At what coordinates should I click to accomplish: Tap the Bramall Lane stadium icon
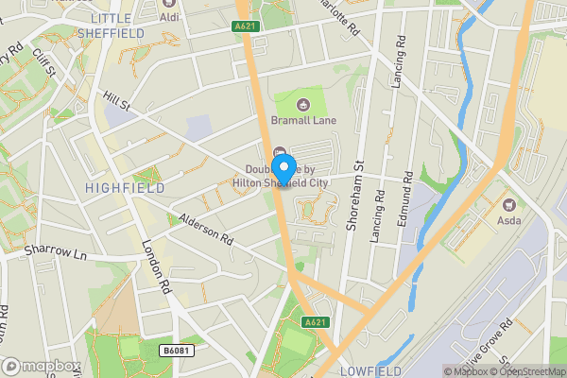pos(303,104)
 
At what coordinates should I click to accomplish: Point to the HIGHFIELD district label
pos(122,188)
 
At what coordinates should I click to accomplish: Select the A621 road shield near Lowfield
pos(316,323)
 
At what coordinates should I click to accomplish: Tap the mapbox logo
pos(42,366)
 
